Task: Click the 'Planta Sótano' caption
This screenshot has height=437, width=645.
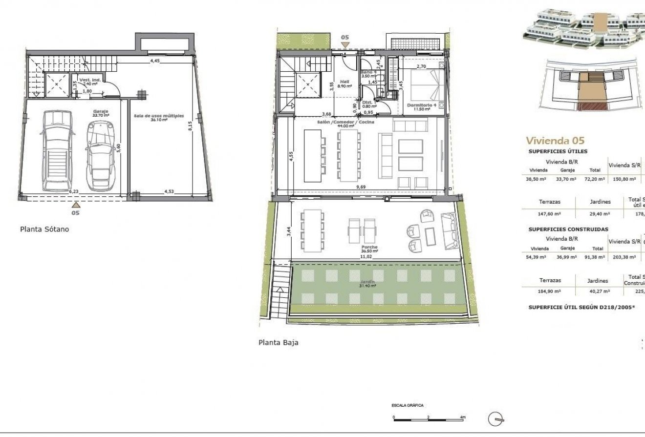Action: (44, 229)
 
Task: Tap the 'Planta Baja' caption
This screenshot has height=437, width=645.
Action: (278, 342)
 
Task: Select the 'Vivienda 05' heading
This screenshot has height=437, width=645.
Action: (555, 141)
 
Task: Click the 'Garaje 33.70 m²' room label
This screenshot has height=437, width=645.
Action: (101, 113)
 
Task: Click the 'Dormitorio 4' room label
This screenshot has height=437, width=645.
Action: (419, 107)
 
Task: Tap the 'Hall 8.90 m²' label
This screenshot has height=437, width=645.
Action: (344, 83)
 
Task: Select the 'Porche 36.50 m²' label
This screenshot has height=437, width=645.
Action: (369, 249)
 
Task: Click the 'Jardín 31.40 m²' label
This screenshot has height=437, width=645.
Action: (367, 284)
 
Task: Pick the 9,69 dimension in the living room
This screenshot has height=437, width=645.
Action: (361, 187)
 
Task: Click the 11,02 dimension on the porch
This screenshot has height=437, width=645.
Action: (366, 256)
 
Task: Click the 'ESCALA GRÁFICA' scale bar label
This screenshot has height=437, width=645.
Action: (407, 405)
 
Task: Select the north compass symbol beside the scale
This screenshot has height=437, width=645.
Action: (497, 418)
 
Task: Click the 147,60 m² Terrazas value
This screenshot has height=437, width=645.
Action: (550, 213)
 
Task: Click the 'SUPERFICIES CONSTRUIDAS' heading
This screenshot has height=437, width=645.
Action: (568, 229)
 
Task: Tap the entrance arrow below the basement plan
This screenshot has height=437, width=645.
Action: (75, 205)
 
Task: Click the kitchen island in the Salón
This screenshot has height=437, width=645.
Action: (312, 155)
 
